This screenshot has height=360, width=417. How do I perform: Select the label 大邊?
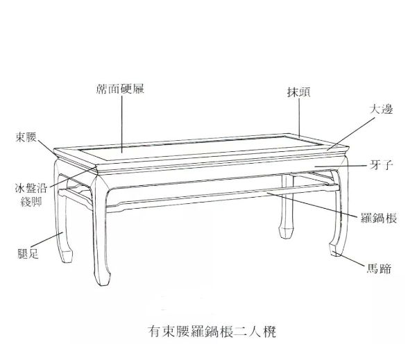coord(382,110)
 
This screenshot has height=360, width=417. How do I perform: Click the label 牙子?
coord(383,165)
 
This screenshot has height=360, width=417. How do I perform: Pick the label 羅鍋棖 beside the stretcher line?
coord(379,218)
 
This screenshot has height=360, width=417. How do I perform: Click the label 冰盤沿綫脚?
coord(31,196)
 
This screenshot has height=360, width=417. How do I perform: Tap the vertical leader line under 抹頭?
coord(299,118)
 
